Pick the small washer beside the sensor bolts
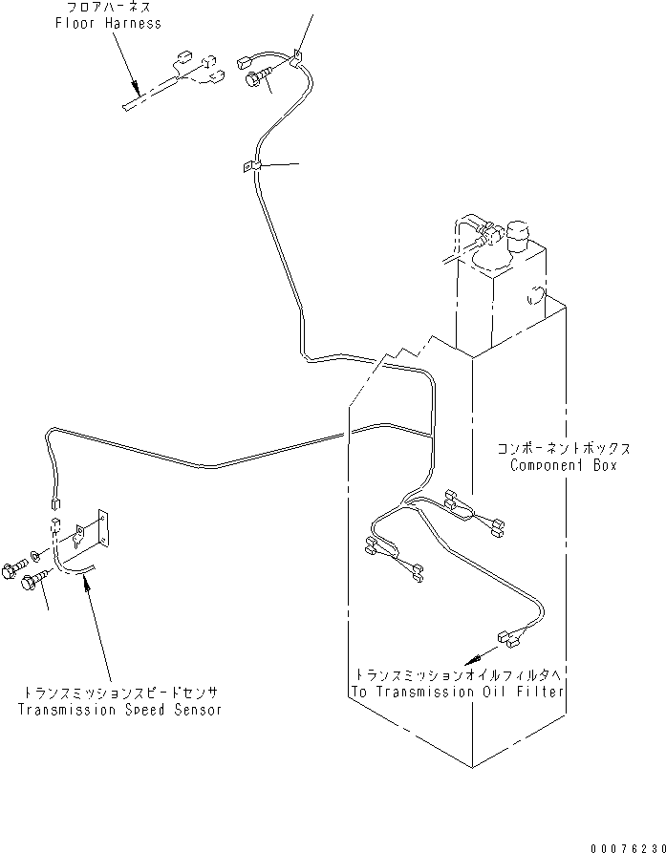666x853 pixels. pyautogui.click(x=34, y=555)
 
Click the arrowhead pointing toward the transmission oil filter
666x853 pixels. pyautogui.click(x=469, y=659)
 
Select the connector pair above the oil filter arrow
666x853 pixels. pyautogui.click(x=508, y=637)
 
